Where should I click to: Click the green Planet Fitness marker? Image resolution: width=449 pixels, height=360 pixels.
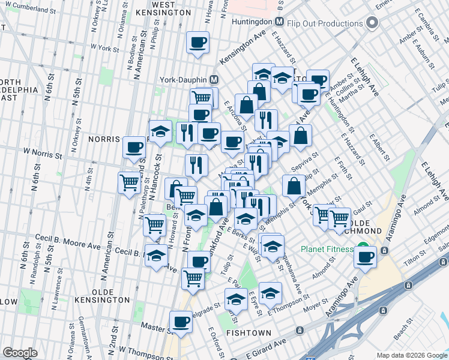pyautogui.click(x=363, y=247)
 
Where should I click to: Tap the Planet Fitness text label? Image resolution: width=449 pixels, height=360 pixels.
pyautogui.click(x=328, y=248)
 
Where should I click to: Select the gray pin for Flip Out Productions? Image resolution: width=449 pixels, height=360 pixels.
pyautogui.click(x=372, y=23)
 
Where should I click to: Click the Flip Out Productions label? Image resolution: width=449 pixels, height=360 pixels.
pyautogui.click(x=325, y=23)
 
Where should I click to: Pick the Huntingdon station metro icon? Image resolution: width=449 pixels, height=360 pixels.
pyautogui.click(x=279, y=20)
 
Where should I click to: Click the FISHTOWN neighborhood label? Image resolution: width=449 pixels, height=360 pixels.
pyautogui.click(x=249, y=332)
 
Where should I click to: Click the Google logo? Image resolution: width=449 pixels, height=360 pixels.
pyautogui.click(x=20, y=353)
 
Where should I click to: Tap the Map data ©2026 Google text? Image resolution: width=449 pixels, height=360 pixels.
pyautogui.click(x=411, y=355)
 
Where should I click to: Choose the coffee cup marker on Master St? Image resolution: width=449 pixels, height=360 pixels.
pyautogui.click(x=181, y=322)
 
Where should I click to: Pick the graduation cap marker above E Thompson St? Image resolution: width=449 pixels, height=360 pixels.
pyautogui.click(x=271, y=293)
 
